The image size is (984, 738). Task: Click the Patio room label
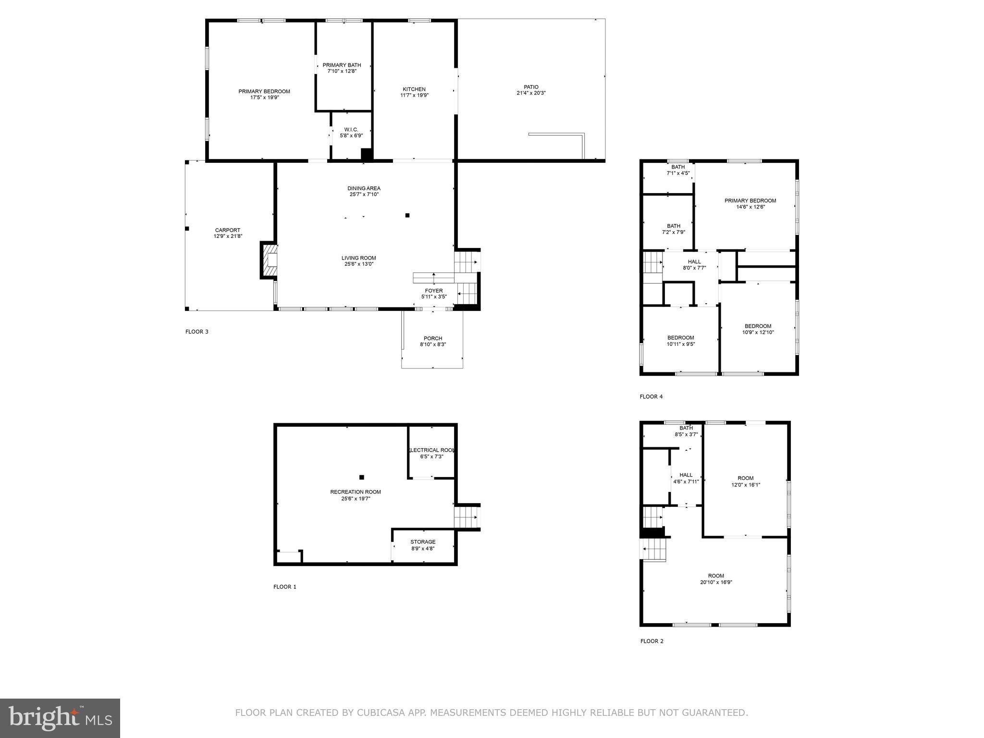coord(528,87)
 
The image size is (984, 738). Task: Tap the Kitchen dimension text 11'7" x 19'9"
coord(414,96)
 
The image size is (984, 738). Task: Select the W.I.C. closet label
coord(351,130)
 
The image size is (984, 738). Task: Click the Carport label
coord(227,230)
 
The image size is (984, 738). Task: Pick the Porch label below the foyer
coord(433,338)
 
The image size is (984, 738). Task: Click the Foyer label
coord(434,291)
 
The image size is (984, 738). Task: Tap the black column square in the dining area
coord(407,215)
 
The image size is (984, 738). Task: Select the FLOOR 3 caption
coord(197,332)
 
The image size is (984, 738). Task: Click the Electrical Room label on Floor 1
coord(431,450)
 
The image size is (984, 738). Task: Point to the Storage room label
coord(423,542)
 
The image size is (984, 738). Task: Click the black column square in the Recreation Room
coord(362,477)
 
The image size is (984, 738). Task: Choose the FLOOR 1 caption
coord(285,587)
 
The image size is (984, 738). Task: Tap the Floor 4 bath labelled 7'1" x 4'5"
coord(678,170)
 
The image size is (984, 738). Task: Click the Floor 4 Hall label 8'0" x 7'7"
coord(694,265)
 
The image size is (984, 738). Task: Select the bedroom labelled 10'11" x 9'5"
coord(680,341)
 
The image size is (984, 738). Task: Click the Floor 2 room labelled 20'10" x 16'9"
coord(715,579)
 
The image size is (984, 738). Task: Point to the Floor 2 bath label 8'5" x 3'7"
coord(686,431)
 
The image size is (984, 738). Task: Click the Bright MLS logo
coord(60,718)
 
